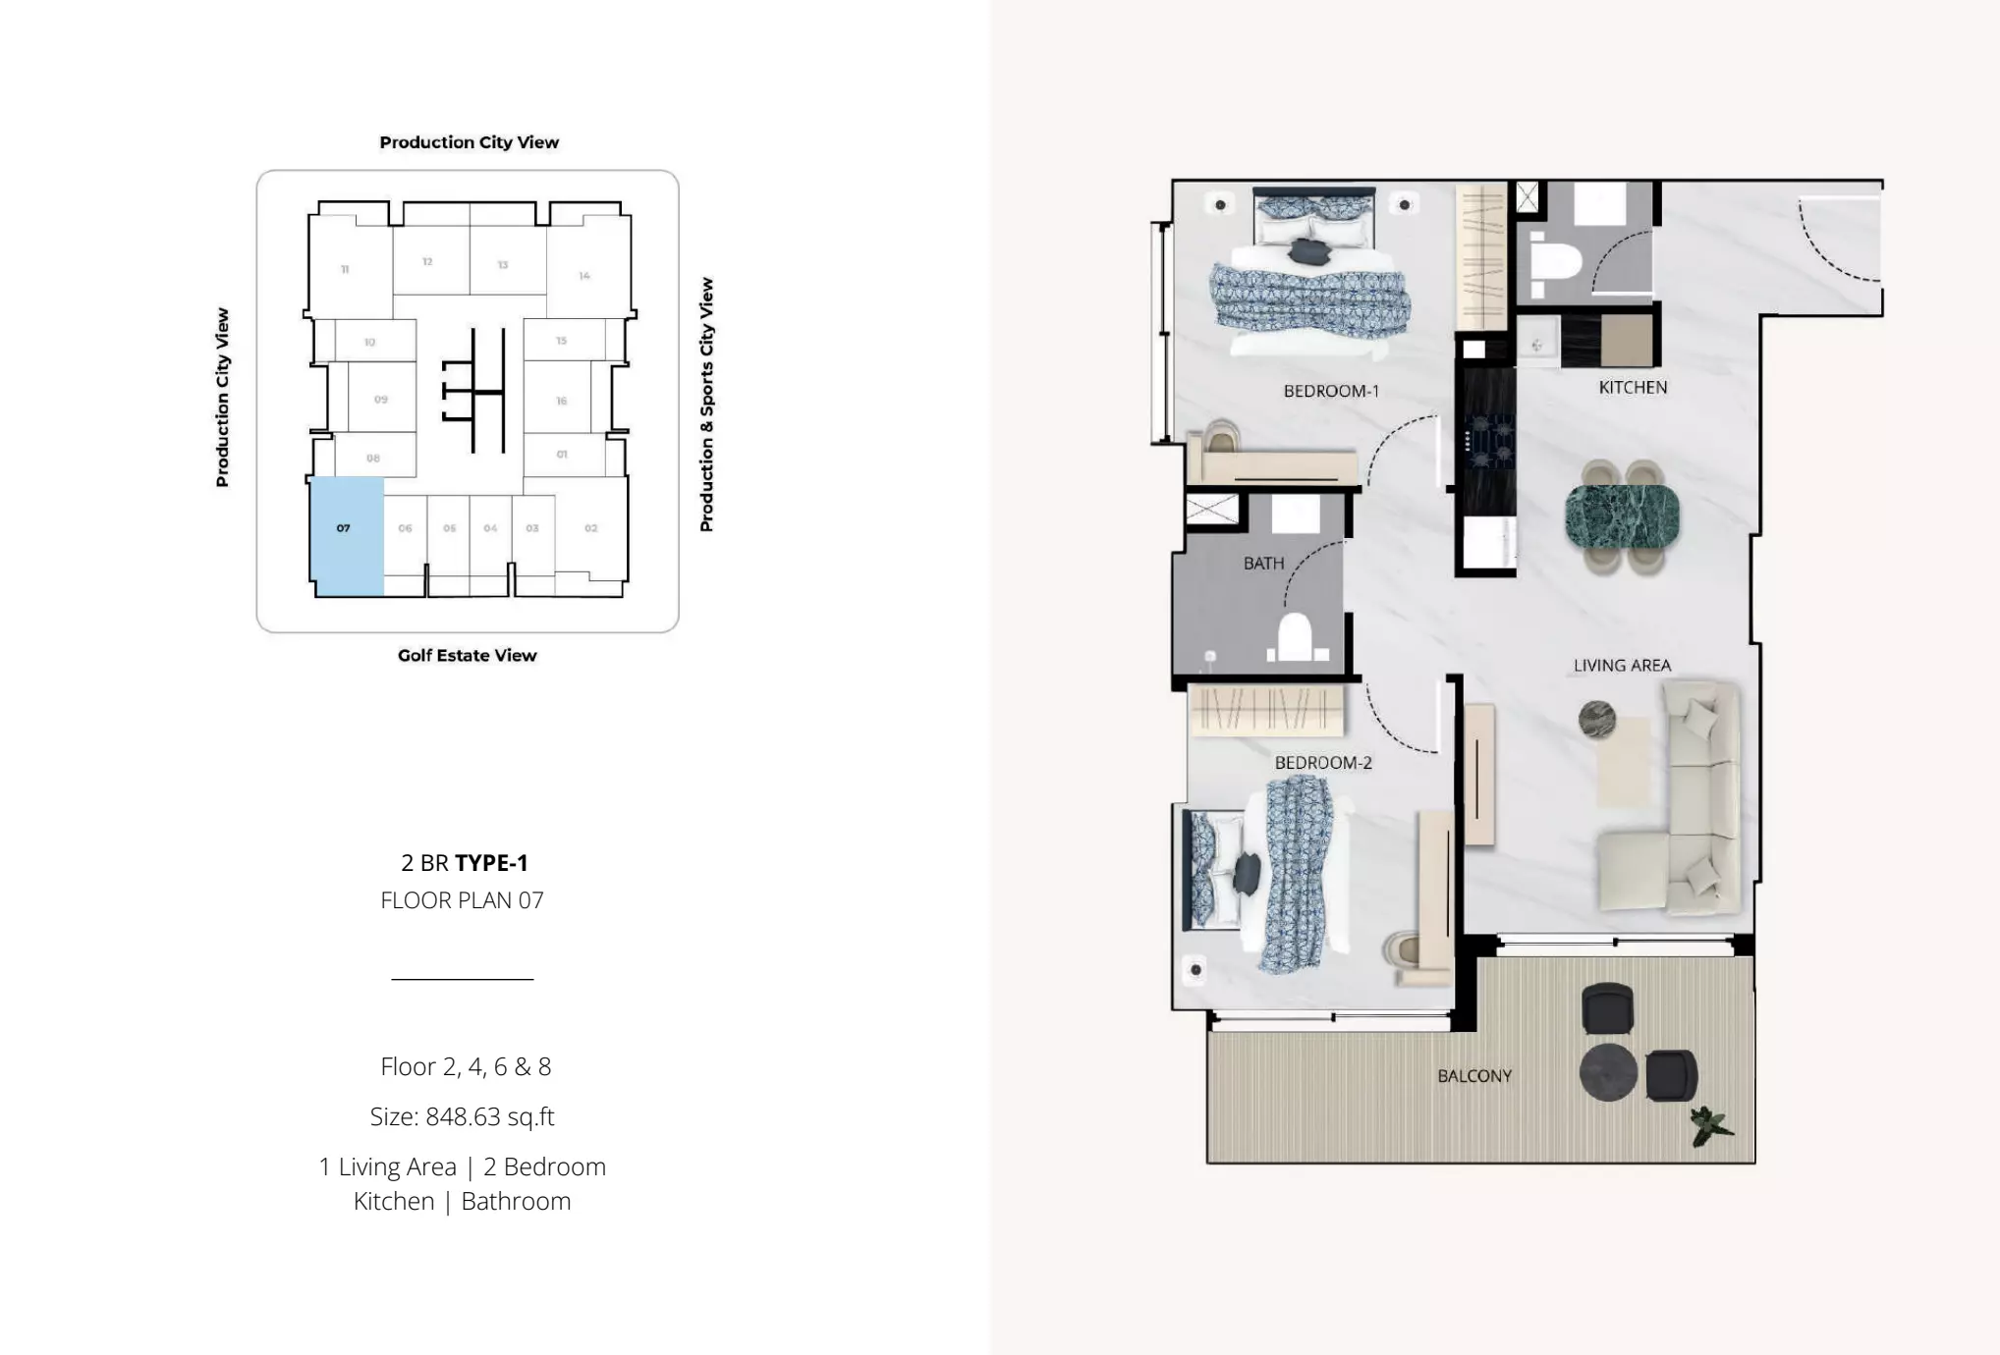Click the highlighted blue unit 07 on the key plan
347,536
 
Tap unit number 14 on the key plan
584,276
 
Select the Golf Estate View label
468,655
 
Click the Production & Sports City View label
706,405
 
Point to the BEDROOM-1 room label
1331,391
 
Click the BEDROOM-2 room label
1323,763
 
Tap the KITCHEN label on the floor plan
1633,388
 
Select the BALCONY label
1474,1076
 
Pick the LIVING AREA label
1622,666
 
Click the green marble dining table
1622,517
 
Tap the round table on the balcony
1608,1072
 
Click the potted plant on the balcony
1710,1125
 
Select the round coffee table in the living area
1597,720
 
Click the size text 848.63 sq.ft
462,1116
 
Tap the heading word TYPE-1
492,863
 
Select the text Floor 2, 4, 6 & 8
466,1066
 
